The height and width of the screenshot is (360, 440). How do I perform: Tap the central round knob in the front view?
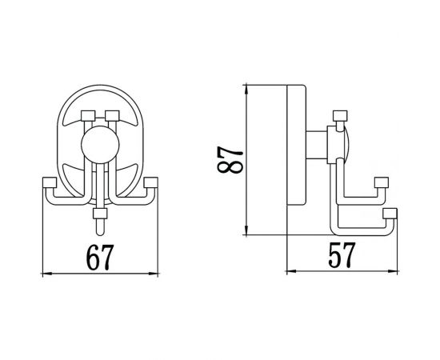[x=100, y=147]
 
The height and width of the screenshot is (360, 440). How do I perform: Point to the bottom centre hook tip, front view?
[x=100, y=214]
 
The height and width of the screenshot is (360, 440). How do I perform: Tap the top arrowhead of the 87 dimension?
[x=247, y=85]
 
